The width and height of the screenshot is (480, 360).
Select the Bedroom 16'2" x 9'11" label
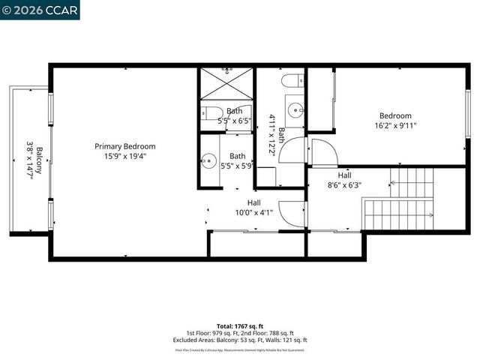pos(395,121)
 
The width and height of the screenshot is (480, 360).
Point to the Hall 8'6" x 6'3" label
pos(344,179)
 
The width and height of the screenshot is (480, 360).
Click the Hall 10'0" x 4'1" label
pos(254,207)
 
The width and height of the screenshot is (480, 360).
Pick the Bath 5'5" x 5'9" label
pos(237,160)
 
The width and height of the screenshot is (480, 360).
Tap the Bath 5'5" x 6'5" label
pos(235,115)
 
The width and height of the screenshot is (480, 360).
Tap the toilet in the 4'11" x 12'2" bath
pos(292,80)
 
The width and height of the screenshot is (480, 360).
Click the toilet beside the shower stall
pos(208,115)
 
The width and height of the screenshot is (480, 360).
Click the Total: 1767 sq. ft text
pos(239,326)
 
